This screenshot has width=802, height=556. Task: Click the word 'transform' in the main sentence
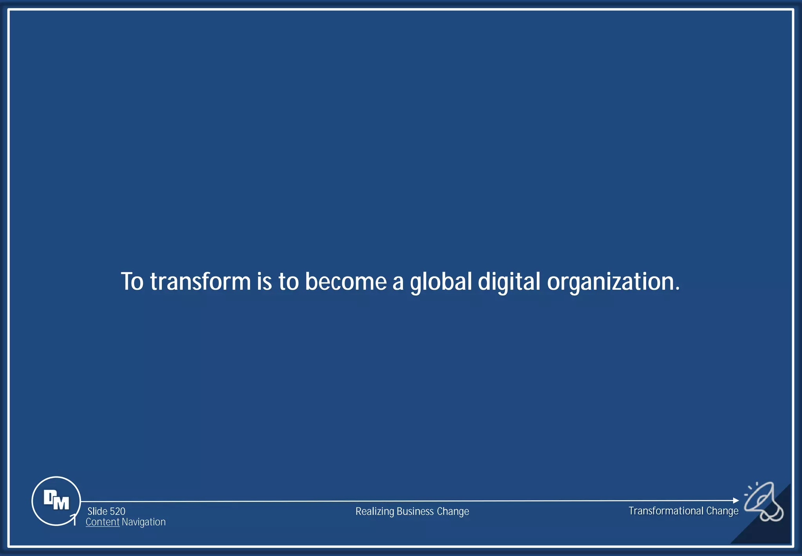pos(200,282)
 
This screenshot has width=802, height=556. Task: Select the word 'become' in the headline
pos(346,282)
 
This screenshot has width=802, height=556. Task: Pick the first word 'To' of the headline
pos(132,282)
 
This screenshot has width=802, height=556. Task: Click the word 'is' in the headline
pos(264,282)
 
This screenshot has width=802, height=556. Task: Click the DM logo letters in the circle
pos(56,500)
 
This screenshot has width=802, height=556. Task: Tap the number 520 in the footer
pos(117,511)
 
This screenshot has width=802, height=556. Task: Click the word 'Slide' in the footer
pos(98,511)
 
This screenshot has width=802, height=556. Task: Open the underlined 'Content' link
pos(103,522)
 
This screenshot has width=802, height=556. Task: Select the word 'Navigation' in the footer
pos(144,522)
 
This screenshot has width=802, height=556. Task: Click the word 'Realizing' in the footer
pos(375,512)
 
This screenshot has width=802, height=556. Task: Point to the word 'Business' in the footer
pos(415,511)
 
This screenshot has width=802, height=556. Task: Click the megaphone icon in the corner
pos(764,502)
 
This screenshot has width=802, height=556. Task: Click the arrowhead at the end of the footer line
pos(736,500)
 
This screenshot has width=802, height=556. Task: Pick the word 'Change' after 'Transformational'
pos(722,511)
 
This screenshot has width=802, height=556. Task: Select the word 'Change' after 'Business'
pos(453,512)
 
